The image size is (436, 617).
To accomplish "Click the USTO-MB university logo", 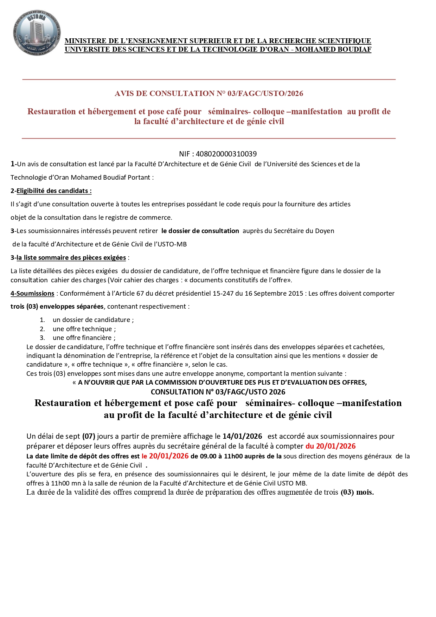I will click(37, 32).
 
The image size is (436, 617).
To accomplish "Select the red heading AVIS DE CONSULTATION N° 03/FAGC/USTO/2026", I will click(209, 94).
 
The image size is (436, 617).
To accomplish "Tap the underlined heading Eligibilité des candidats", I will click(54, 191).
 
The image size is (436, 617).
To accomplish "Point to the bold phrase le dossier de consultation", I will click(200, 231).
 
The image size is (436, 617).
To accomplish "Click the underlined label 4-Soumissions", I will click(32, 294).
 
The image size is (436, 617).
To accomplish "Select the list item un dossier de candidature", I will click(93, 320).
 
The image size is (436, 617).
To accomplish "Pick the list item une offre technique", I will click(84, 329).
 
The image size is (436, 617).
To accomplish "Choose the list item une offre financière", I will click(84, 338).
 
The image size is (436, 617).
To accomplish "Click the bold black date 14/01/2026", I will click(242, 436).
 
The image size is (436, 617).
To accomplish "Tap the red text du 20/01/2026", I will click(331, 446).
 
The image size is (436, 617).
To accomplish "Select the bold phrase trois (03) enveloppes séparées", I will click(57, 307).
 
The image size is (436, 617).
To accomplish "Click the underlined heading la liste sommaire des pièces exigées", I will click(71, 258).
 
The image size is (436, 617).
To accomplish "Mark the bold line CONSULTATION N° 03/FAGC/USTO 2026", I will click(218, 392).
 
